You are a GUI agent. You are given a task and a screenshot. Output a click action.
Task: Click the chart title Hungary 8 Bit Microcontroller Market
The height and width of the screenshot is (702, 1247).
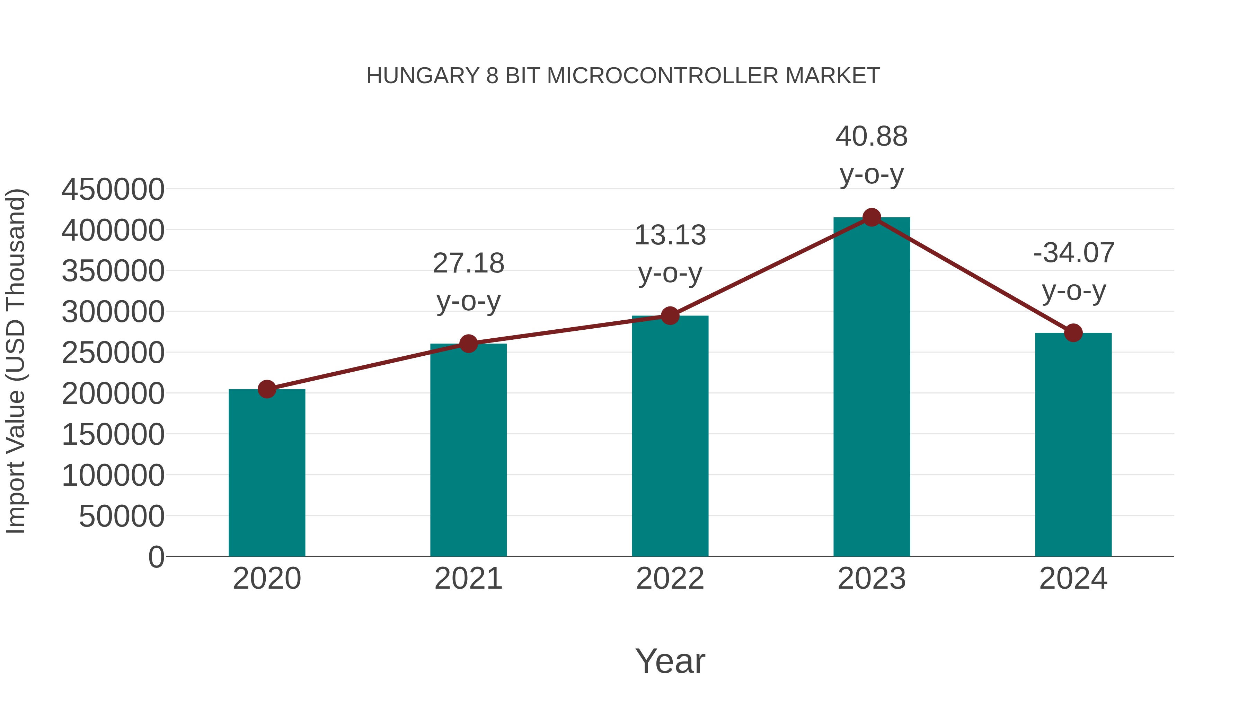click(x=623, y=76)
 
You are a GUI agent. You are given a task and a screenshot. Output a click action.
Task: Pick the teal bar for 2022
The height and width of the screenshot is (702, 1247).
click(x=670, y=436)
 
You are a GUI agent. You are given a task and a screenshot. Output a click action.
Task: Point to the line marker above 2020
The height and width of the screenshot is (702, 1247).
click(x=267, y=389)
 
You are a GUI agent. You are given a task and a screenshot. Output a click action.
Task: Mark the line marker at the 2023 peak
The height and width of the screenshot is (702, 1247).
click(x=872, y=217)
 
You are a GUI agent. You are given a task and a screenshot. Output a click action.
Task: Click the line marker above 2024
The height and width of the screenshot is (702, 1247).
click(x=1073, y=333)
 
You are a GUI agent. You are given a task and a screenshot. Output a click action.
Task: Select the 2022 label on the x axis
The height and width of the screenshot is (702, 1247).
click(x=670, y=579)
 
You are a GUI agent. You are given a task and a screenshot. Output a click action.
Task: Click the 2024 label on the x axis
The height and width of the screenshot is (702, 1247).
click(x=1073, y=579)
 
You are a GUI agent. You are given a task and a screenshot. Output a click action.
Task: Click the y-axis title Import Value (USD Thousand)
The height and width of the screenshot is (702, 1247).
click(x=16, y=361)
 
